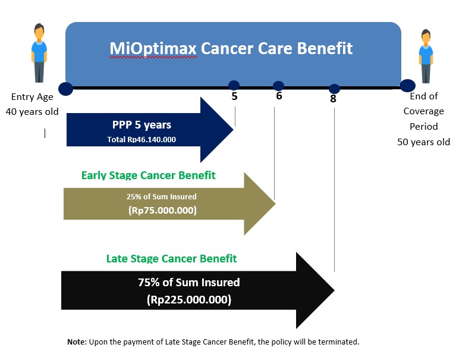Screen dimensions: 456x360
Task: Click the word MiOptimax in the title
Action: (x=153, y=48)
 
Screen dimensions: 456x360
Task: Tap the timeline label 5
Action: (x=234, y=96)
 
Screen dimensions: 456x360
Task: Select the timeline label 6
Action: (x=279, y=96)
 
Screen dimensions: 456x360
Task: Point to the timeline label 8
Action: (x=334, y=99)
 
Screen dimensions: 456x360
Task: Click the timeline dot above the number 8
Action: (x=334, y=89)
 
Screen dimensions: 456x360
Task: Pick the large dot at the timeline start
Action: (x=66, y=89)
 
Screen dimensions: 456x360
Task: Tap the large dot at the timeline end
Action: (x=407, y=86)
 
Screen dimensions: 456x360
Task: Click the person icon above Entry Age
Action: (x=39, y=53)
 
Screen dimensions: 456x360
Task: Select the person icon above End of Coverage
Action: (x=426, y=56)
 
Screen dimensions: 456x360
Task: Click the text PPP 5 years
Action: (x=141, y=125)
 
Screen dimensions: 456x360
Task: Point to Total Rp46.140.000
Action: (x=141, y=139)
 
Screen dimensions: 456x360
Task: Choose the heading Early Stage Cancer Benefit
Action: (x=148, y=175)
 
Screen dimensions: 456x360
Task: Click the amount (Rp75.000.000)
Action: (x=162, y=210)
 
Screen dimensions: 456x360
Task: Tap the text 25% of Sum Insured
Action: (x=161, y=197)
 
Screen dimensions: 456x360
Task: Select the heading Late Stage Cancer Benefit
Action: (x=171, y=258)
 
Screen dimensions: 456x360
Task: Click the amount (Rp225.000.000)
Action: (x=189, y=299)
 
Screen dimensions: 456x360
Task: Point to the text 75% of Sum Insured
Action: (x=188, y=282)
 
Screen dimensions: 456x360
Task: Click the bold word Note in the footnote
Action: (x=76, y=342)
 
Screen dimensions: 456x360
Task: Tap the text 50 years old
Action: (x=423, y=142)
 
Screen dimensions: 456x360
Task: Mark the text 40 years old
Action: (x=32, y=112)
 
